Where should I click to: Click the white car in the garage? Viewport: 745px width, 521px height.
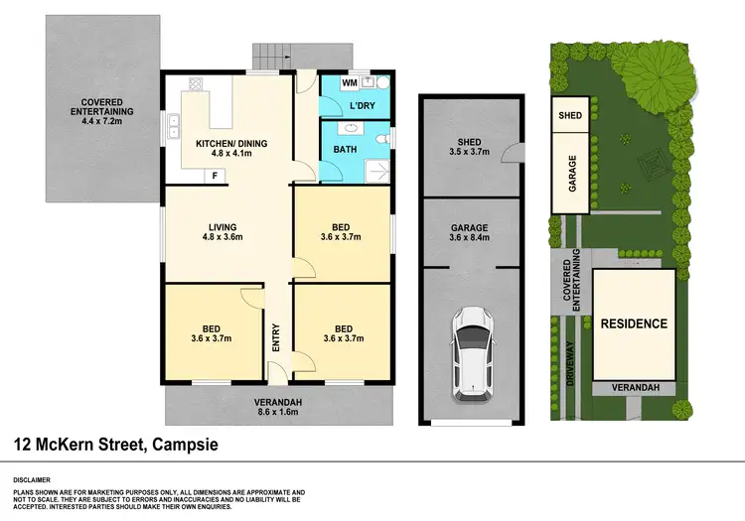click(472, 353)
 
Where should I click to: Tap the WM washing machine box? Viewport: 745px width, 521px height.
click(349, 82)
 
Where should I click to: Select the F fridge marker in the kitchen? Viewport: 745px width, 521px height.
click(213, 176)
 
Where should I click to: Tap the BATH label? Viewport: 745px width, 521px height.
click(340, 151)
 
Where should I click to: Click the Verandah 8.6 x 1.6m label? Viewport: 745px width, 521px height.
click(278, 406)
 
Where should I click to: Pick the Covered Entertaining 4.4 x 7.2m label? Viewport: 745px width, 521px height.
click(100, 111)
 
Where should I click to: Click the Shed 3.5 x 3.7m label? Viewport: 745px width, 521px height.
click(469, 147)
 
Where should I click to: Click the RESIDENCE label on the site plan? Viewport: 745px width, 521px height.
click(633, 324)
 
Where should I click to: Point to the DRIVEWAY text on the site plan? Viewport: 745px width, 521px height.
click(569, 363)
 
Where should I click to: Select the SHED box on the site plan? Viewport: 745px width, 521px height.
click(570, 115)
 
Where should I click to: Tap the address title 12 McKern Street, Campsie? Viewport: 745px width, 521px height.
click(115, 446)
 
